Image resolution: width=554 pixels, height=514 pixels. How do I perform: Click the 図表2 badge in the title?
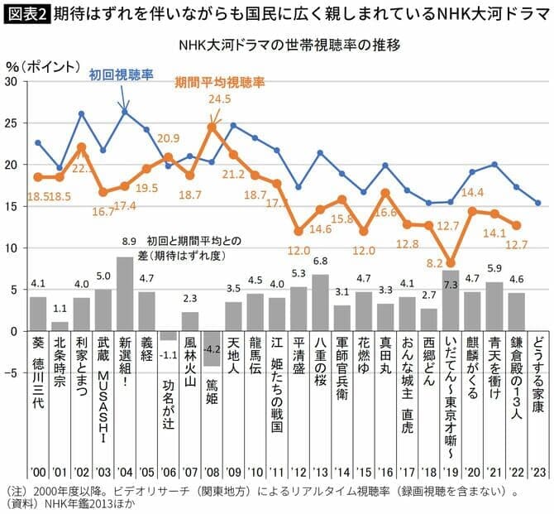pos(25,15)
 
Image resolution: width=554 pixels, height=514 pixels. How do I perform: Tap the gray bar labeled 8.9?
pos(124,294)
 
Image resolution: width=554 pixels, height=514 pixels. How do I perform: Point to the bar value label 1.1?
pos(60,309)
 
